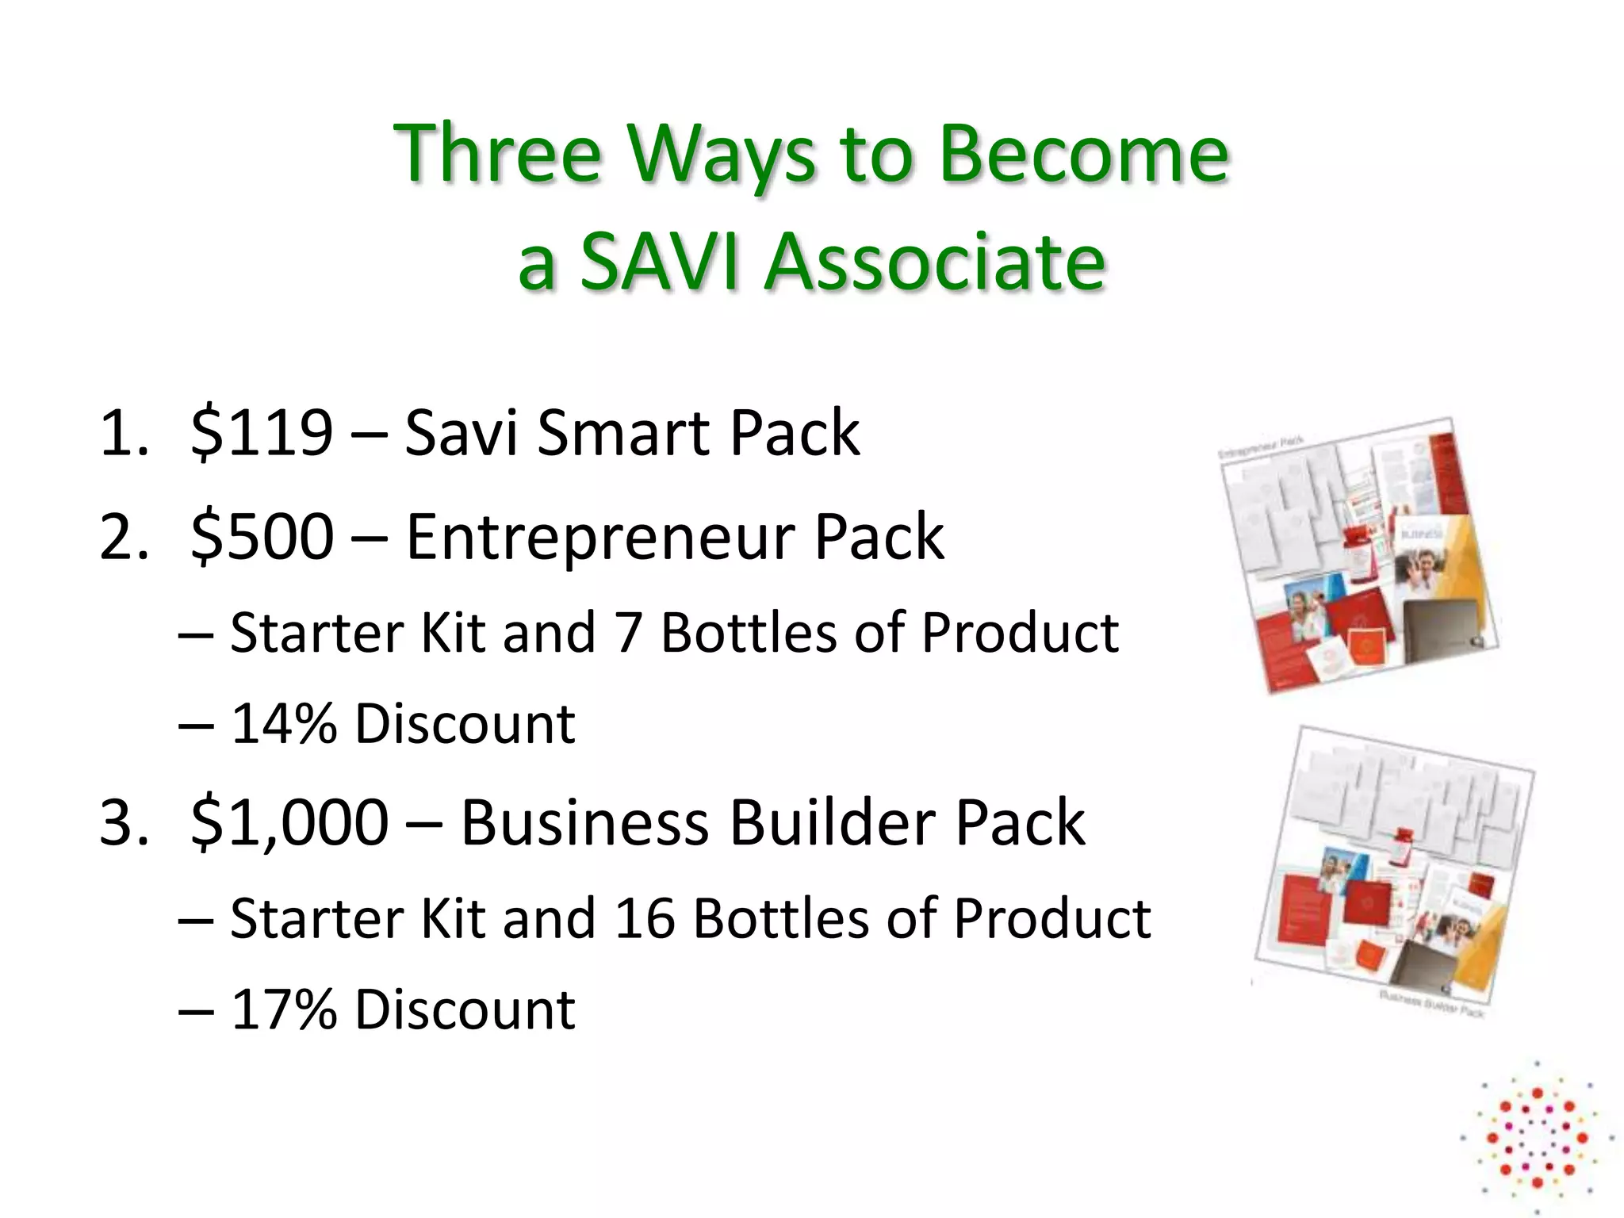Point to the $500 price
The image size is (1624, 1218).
(262, 536)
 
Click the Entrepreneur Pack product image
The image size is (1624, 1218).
(1356, 555)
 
